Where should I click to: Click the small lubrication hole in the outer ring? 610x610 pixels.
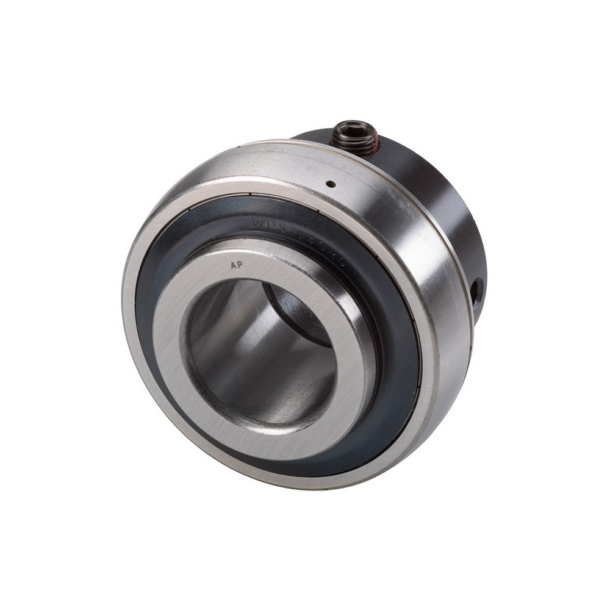(330, 183)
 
